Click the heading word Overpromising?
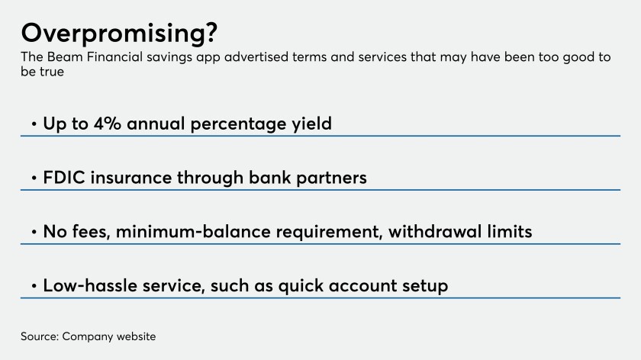[x=119, y=34]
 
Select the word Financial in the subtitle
[x=114, y=56]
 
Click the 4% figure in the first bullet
[x=107, y=124]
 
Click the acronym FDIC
[x=64, y=178]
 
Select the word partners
[x=331, y=178]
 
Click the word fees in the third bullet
[x=92, y=232]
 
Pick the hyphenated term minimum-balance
[x=193, y=232]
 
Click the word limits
[x=510, y=232]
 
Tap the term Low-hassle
[x=90, y=285]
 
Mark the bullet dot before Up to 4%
[x=34, y=124]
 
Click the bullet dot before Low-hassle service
[x=34, y=285]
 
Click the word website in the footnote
[x=136, y=336]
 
